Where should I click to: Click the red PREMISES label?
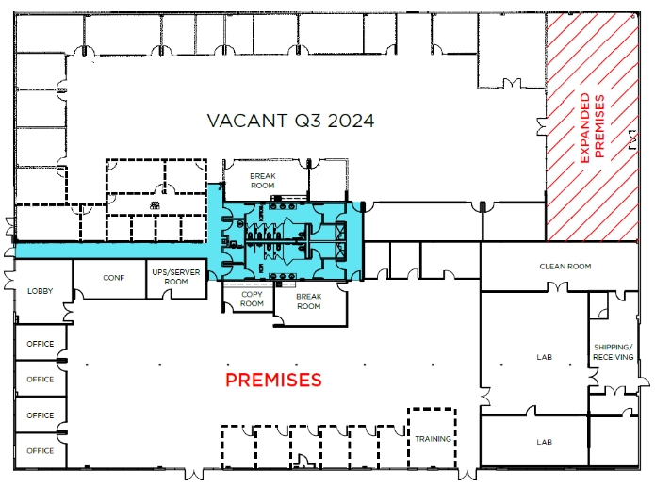(273, 380)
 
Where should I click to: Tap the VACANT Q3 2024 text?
(290, 121)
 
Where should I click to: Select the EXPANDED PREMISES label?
(593, 126)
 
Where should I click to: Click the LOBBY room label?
(41, 291)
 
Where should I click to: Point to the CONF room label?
(114, 278)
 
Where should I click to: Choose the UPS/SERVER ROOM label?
(176, 277)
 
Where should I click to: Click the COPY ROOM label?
(252, 299)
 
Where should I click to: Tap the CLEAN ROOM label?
(565, 266)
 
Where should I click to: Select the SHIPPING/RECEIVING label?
(614, 352)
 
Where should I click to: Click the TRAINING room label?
(433, 439)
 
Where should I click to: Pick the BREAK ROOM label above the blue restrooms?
(263, 181)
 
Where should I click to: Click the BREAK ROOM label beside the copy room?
(309, 301)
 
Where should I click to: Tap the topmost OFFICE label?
(41, 344)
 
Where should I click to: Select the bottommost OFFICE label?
(41, 450)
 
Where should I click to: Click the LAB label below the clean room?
(545, 357)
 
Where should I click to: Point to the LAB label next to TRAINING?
(545, 442)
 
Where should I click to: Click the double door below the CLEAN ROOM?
(558, 286)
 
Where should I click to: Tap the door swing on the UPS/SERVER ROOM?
(166, 294)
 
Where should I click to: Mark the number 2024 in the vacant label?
(351, 121)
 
